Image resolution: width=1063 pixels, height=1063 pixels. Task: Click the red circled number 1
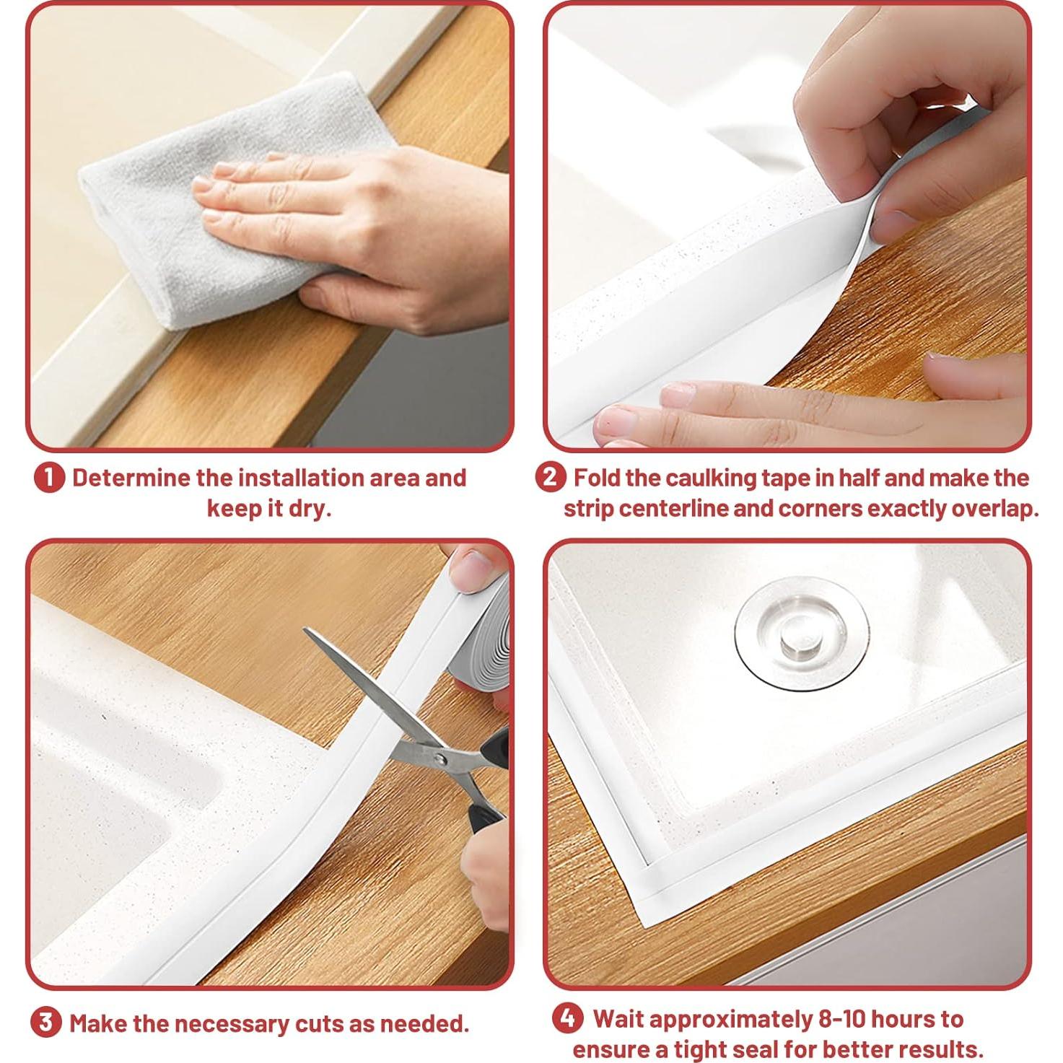tap(49, 478)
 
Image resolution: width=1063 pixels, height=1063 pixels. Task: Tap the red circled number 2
tap(550, 478)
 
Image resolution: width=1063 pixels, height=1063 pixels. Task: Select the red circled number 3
tap(45, 1023)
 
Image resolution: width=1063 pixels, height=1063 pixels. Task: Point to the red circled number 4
tap(568, 1018)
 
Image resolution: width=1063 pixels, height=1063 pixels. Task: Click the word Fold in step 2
tap(596, 478)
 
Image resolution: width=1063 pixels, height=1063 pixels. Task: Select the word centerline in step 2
tap(673, 509)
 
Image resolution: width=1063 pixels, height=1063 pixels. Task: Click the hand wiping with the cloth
tap(361, 238)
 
